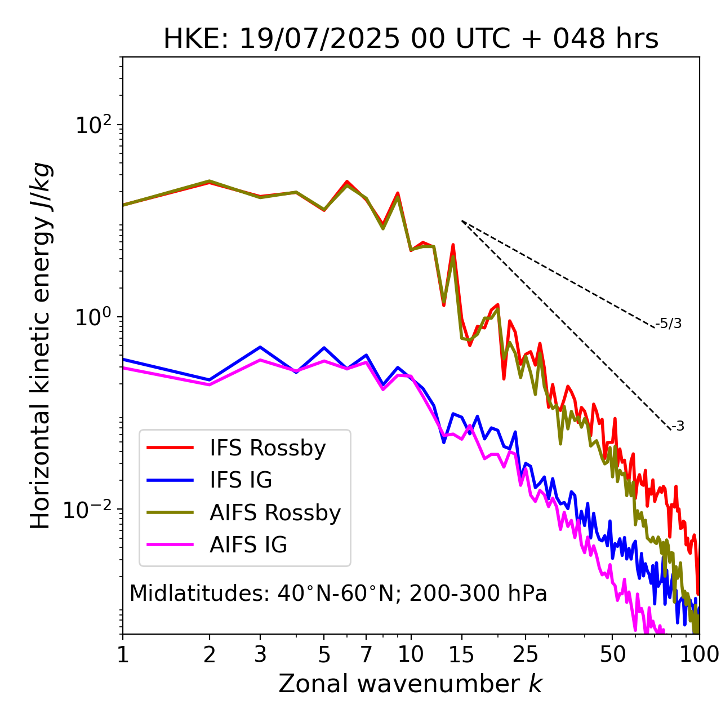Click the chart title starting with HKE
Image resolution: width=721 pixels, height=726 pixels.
411,39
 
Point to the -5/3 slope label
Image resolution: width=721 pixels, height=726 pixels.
669,324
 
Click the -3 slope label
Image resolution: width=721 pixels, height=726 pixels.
678,427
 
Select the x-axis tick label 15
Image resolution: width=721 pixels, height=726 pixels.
461,654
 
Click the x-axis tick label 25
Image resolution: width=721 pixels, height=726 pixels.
526,654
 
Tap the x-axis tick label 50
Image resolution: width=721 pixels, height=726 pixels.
613,654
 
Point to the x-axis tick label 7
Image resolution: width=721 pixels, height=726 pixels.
366,654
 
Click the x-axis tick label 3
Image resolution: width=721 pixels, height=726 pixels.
260,654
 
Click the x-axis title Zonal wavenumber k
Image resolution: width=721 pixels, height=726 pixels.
411,684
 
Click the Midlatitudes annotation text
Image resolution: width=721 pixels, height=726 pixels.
338,594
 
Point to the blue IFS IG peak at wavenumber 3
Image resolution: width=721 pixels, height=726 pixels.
260,347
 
